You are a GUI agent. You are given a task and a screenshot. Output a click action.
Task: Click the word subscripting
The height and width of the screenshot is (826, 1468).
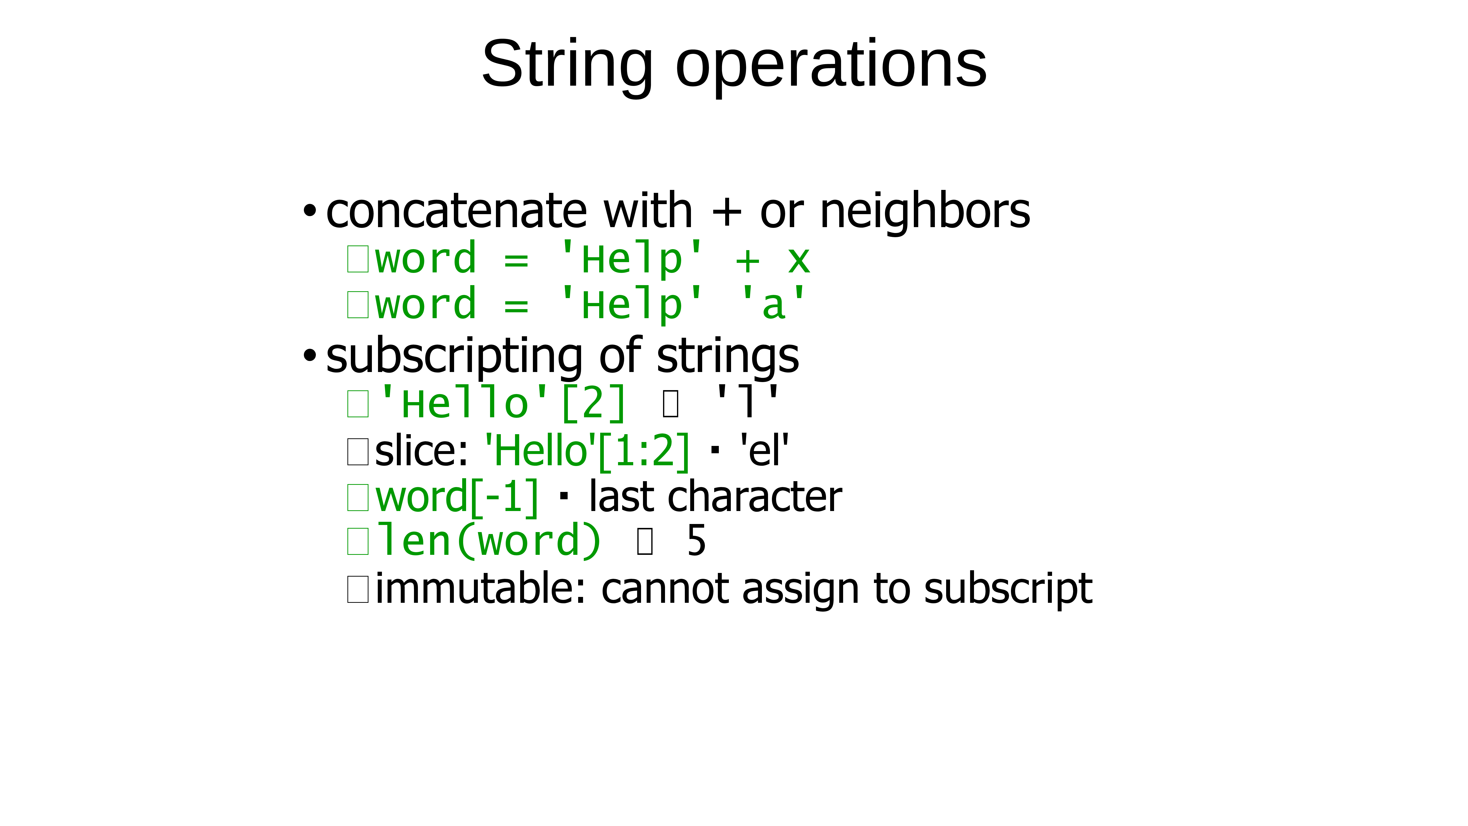point(454,356)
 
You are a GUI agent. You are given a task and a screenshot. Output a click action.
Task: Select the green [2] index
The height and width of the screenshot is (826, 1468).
point(593,403)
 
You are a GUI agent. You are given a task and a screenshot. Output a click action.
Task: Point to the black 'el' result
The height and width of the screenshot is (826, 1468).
point(764,450)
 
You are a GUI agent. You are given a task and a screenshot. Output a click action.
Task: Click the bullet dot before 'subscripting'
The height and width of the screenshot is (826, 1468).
point(310,356)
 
